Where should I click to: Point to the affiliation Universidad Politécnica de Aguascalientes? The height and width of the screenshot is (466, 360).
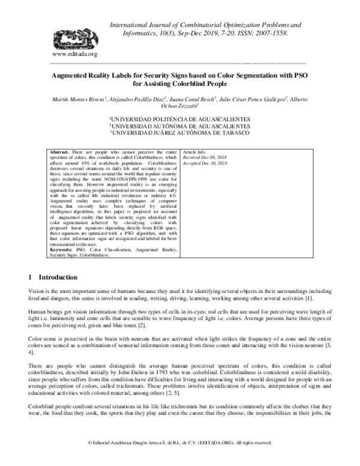coord(180,120)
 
